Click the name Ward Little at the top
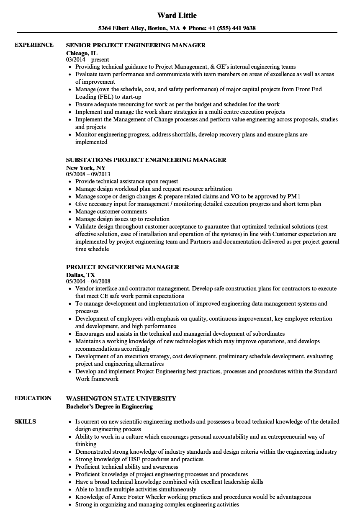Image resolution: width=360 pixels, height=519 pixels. pos(177,15)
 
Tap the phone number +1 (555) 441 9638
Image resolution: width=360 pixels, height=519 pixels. pos(232,28)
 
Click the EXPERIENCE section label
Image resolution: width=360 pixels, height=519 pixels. pos(34,45)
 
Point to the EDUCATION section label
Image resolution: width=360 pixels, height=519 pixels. pos(33,398)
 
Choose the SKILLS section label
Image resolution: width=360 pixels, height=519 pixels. pos(25,421)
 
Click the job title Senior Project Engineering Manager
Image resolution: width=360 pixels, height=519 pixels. pos(136,45)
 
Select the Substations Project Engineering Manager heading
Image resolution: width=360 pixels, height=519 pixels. pos(146,160)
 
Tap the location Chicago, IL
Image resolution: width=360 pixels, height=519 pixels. pos(82,53)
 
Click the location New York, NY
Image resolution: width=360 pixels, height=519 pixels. pos(86,167)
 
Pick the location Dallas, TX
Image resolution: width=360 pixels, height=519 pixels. pos(80,275)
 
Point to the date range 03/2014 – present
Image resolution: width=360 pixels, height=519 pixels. pos(87,60)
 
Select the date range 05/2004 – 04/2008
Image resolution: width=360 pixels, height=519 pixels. pos(88,281)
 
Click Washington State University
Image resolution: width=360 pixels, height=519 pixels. pos(121,398)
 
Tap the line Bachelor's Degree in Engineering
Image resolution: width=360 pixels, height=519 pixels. pos(109,406)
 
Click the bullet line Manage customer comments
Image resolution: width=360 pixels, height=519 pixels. pos(112,211)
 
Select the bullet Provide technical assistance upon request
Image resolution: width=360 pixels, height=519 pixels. pos(126,181)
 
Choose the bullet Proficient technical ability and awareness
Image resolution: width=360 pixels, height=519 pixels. pos(126,467)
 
